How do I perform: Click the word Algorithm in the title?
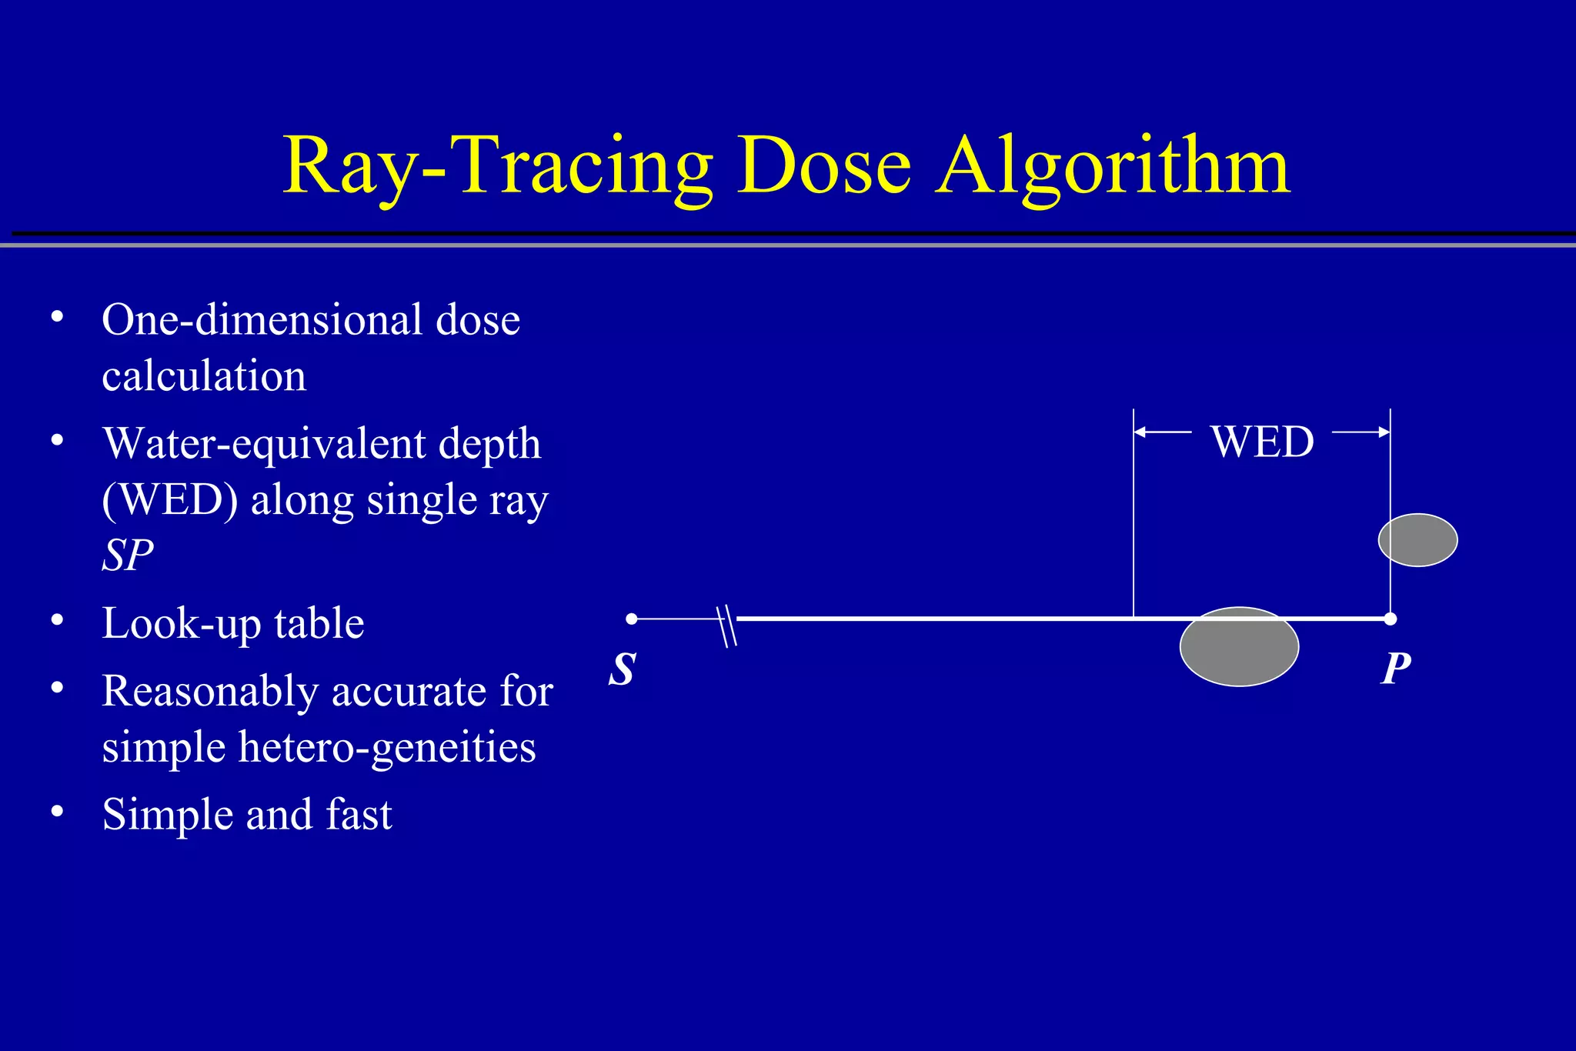[1114, 167]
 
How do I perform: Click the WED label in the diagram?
[1262, 442]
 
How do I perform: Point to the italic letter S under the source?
[623, 669]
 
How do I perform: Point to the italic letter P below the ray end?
[1396, 669]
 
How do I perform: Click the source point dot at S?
[632, 619]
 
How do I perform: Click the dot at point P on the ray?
[1390, 619]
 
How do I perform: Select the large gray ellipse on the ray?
[1239, 647]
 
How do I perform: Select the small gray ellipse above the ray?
[1417, 540]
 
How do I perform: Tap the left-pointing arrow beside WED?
[1162, 432]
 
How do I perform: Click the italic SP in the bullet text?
[128, 555]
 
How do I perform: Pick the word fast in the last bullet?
[359, 815]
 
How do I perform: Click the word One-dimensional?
[262, 320]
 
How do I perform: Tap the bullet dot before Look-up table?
[57, 620]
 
